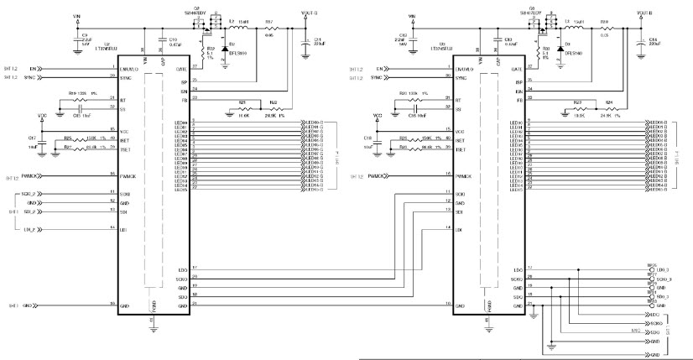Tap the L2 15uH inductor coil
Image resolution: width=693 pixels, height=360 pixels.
[x=242, y=25]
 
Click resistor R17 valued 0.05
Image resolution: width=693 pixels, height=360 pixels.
[x=269, y=25]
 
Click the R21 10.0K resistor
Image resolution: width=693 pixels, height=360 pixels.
[x=242, y=107]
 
